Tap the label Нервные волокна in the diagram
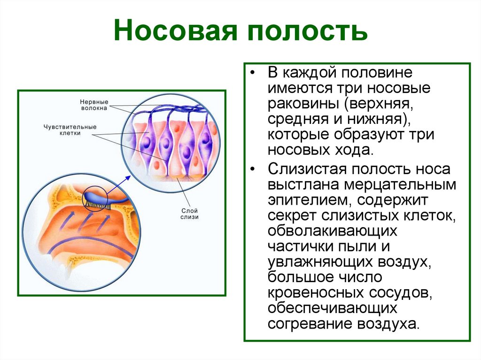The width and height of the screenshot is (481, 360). pos(94,104)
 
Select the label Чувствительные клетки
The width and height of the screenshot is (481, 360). pos(70,130)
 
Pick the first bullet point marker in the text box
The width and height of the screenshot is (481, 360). pos(254,74)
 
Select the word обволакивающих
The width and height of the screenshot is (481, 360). pos(333,232)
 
